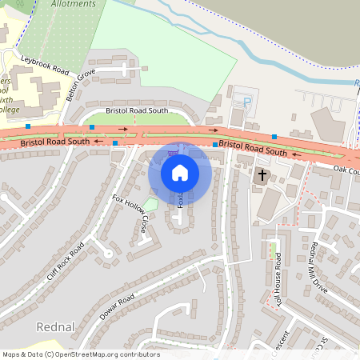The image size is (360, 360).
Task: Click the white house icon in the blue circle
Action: tap(179, 172)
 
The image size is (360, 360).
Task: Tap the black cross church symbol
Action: tap(262, 174)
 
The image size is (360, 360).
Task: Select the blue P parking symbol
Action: tap(246, 102)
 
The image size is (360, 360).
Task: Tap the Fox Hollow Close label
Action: tap(130, 214)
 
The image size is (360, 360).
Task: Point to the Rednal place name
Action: tap(54, 327)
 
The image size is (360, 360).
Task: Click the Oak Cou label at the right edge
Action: tap(347, 170)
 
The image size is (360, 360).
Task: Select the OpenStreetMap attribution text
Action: tap(81, 354)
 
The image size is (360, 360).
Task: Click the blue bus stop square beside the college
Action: tap(28, 126)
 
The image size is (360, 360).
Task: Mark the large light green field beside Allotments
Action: tap(160, 48)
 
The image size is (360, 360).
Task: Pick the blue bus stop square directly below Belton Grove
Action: tap(92, 127)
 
